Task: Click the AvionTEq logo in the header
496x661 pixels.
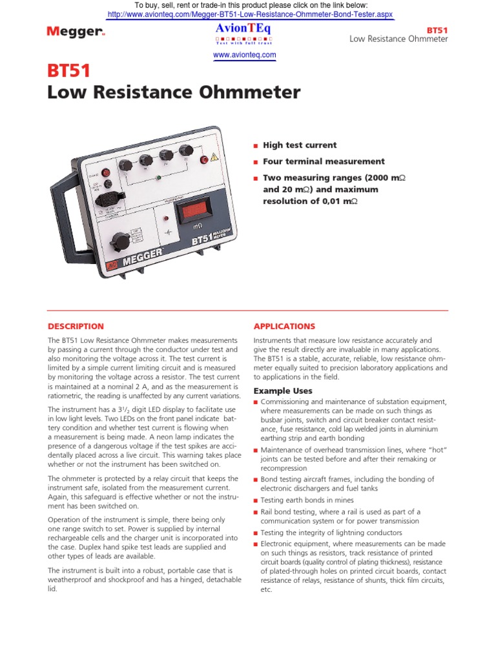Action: [245, 28]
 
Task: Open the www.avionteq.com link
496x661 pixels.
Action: [245, 56]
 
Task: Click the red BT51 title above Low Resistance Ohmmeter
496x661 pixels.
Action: [69, 71]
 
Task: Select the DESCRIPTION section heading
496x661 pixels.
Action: [76, 327]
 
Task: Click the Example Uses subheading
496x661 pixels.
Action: [283, 391]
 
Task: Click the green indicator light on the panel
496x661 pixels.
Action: [159, 177]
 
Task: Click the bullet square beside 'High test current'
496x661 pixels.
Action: [256, 146]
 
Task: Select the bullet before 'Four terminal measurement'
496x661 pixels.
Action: [256, 162]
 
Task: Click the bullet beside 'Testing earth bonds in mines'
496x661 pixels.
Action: [256, 501]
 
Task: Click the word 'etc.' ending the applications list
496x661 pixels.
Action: [266, 590]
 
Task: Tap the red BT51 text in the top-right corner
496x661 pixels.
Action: [437, 30]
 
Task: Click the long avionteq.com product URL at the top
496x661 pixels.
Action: [249, 14]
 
